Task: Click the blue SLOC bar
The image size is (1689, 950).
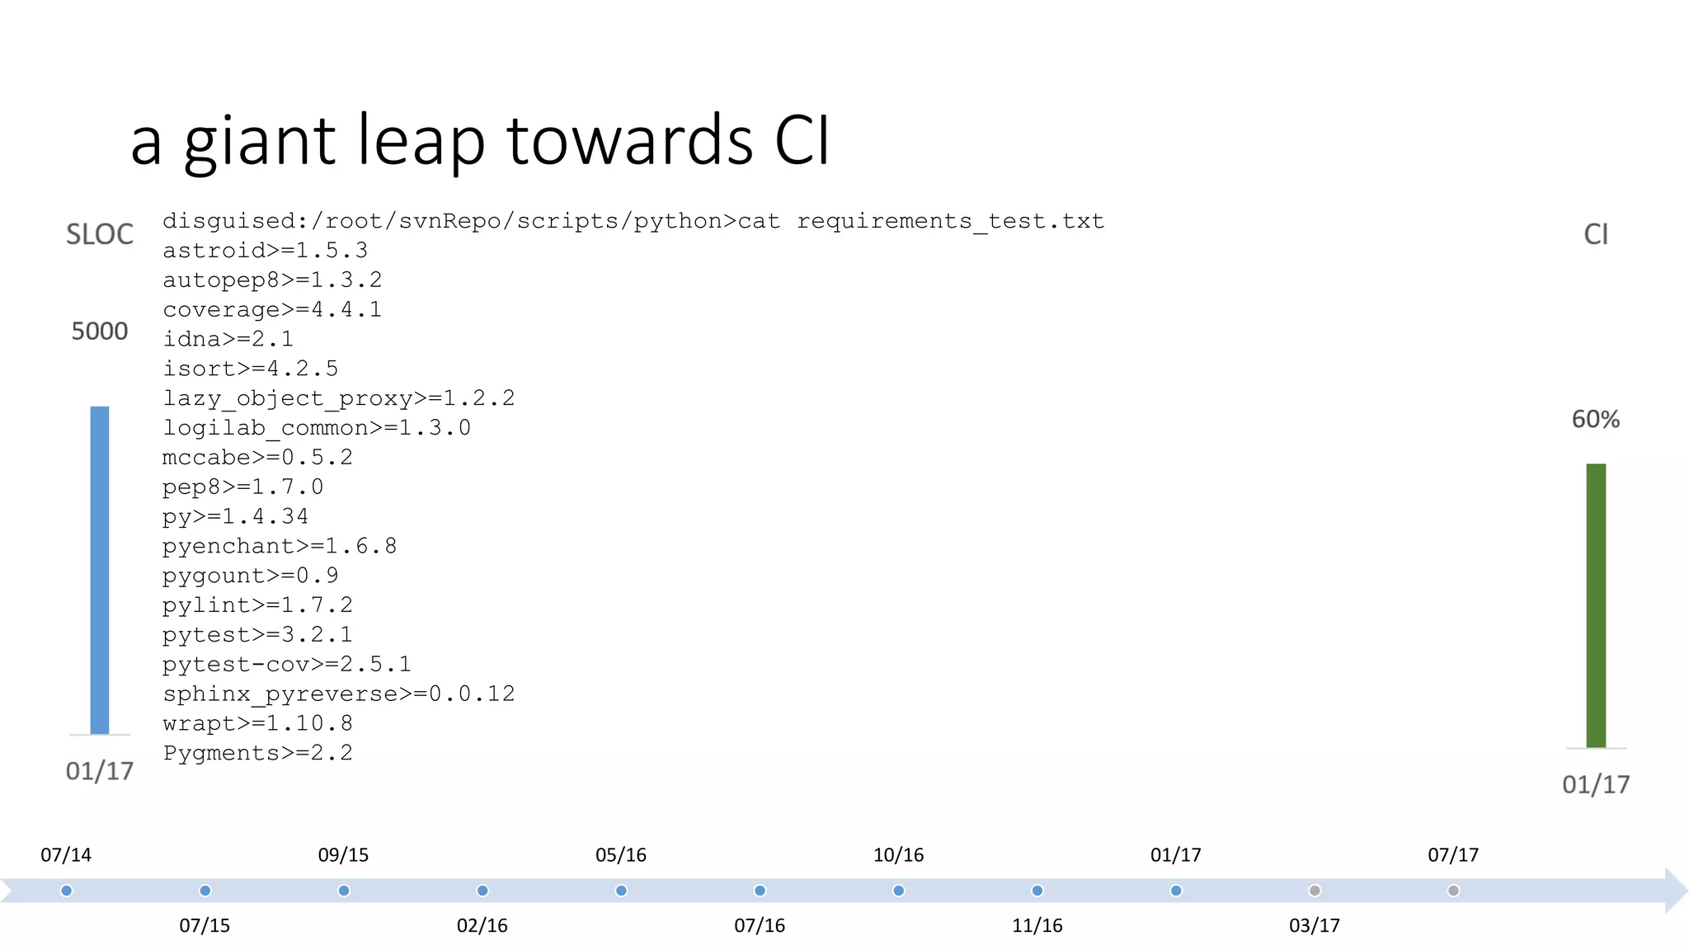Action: coord(100,569)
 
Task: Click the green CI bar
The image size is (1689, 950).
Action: coord(1596,605)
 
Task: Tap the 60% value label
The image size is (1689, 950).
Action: coord(1595,419)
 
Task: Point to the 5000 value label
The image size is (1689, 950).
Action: coord(100,332)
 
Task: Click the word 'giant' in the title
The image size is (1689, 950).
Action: coord(259,142)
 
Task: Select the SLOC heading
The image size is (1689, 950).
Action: coord(100,235)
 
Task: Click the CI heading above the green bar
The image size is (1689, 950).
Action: coord(1596,235)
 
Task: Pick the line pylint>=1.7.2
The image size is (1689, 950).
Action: coord(257,605)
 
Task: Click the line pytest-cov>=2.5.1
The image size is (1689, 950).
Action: coord(286,665)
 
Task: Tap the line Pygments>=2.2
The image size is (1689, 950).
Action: coord(257,753)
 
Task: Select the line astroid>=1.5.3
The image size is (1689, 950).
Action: coord(265,251)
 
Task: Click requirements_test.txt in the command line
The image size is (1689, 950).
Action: coord(950,221)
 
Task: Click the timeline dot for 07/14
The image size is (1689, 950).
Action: coord(67,891)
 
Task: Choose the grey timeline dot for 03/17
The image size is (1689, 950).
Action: coord(1315,891)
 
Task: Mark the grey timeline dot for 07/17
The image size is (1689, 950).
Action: coord(1453,891)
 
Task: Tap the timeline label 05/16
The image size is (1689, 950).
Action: coord(621,855)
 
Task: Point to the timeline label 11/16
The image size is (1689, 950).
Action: coord(1037,925)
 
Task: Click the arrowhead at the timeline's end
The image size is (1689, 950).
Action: coord(1675,891)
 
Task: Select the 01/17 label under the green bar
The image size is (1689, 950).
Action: coord(1596,784)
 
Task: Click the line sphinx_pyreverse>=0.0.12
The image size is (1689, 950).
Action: coord(338,694)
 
